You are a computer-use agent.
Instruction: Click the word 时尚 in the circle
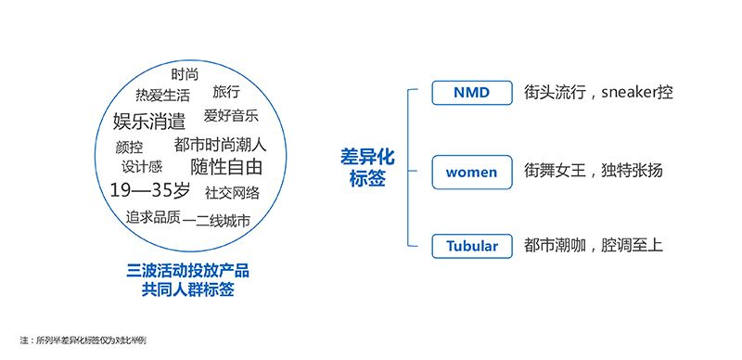pos(185,74)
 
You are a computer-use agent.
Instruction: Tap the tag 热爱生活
pos(162,95)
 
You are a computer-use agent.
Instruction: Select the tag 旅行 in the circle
pos(226,92)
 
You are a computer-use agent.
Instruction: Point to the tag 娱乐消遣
pos(149,121)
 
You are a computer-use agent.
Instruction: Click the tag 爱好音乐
pos(231,116)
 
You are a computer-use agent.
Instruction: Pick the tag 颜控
pos(130,147)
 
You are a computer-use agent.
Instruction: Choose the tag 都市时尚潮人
pos(220,145)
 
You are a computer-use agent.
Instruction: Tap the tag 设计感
pos(142,167)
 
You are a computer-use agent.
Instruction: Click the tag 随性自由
pos(226,168)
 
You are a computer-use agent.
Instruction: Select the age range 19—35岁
pos(149,191)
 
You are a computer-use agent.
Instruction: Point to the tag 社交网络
pos(233,192)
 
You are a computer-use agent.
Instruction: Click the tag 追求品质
pos(153,217)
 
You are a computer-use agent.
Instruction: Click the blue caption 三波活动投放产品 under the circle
pos(188,271)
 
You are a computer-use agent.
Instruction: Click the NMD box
pos(471,93)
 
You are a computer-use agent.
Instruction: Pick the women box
pos(471,172)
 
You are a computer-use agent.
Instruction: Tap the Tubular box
pos(471,246)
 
